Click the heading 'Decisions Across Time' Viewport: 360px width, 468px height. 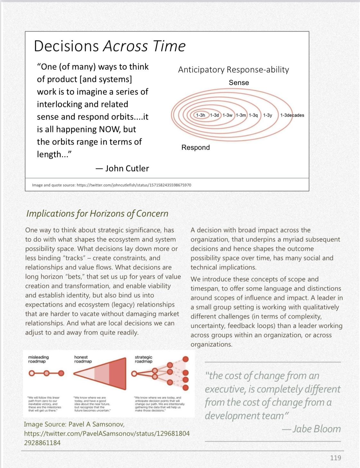tap(110, 46)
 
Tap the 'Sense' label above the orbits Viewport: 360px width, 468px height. tap(239, 82)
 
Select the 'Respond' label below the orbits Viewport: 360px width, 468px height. tap(195, 147)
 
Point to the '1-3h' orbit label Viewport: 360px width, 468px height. tap(201, 115)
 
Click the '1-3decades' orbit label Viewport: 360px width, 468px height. tap(292, 115)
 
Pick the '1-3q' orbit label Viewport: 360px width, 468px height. tap(253, 115)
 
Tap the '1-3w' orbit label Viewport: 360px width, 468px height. tap(227, 115)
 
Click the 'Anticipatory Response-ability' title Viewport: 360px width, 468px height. tap(234, 70)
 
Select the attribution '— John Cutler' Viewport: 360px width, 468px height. tap(122, 168)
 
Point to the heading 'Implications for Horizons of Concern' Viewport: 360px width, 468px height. tap(97, 213)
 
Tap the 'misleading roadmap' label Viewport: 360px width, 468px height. tap(39, 359)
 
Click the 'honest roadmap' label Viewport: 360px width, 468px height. tap(83, 359)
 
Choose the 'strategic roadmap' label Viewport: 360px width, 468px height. tap(143, 359)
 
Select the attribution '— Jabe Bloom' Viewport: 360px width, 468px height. tap(312, 429)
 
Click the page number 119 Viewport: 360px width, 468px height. tap(335, 458)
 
